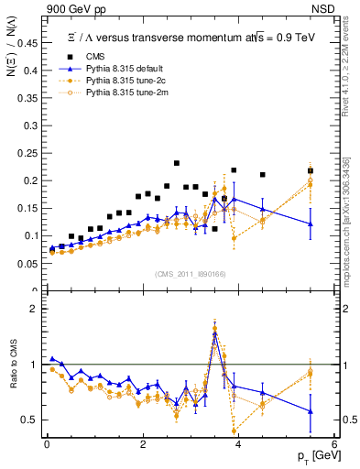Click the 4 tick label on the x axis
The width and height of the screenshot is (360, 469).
click(238, 443)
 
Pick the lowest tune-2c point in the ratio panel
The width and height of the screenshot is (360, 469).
click(235, 431)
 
